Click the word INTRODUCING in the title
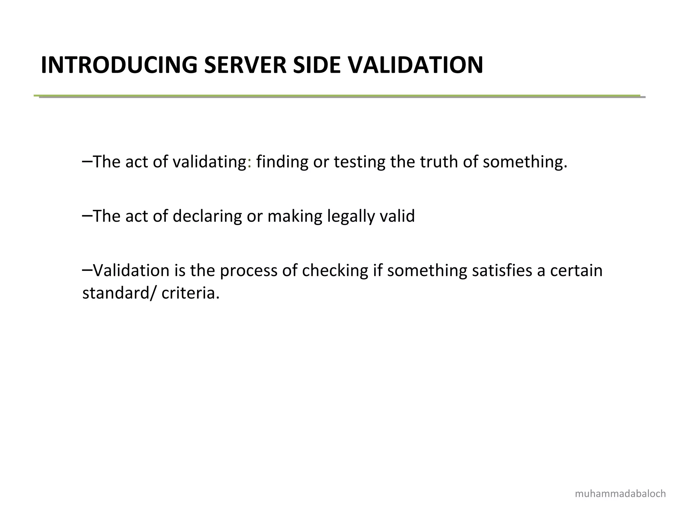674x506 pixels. tap(119, 65)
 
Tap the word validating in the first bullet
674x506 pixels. tap(209, 162)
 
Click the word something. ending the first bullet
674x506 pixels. tap(525, 162)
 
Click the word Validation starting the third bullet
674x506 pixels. tap(131, 270)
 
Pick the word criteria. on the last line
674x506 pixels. tap(190, 293)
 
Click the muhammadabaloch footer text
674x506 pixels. tap(620, 494)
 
